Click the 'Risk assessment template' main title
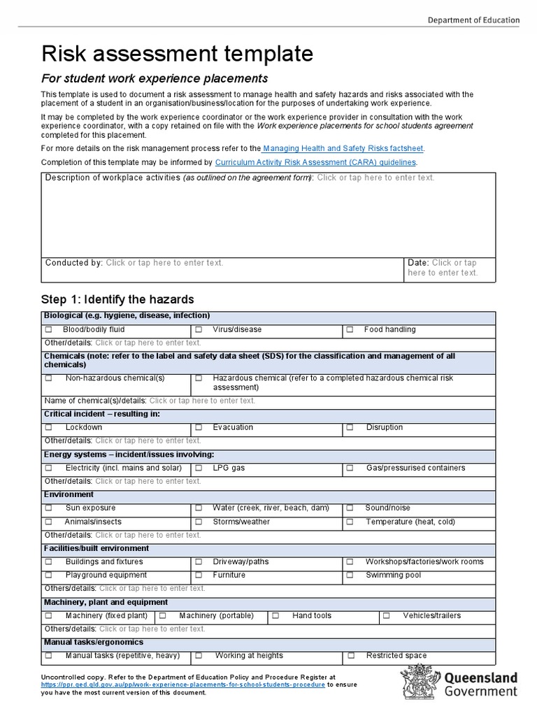point(178,54)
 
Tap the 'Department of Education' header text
point(473,20)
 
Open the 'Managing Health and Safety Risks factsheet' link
point(343,148)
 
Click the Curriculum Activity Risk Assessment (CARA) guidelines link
point(316,162)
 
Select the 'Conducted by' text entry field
point(164,263)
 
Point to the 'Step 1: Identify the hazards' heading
point(117,299)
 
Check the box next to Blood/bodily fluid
point(49,329)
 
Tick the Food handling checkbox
point(350,329)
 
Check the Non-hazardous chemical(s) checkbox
point(49,378)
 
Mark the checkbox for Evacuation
point(199,427)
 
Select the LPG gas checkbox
point(199,468)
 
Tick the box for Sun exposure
point(49,508)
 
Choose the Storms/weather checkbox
point(199,522)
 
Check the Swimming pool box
point(350,575)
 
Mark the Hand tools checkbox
point(275,616)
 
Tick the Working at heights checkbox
point(199,656)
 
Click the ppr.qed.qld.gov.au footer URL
point(183,685)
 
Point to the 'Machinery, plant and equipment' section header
point(106,602)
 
